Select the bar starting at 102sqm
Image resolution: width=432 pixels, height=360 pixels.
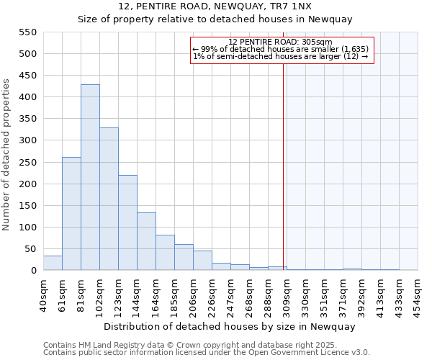pos(109,199)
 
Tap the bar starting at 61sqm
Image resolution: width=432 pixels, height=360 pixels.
pos(71,214)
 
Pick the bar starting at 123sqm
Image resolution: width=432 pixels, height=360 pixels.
pos(127,222)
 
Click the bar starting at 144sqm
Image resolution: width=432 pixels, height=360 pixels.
pos(146,241)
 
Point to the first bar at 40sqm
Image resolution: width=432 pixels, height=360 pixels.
pos(53,263)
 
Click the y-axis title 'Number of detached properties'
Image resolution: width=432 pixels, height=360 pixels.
pos(7,155)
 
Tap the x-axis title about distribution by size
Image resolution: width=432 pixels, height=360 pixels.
pos(230,326)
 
